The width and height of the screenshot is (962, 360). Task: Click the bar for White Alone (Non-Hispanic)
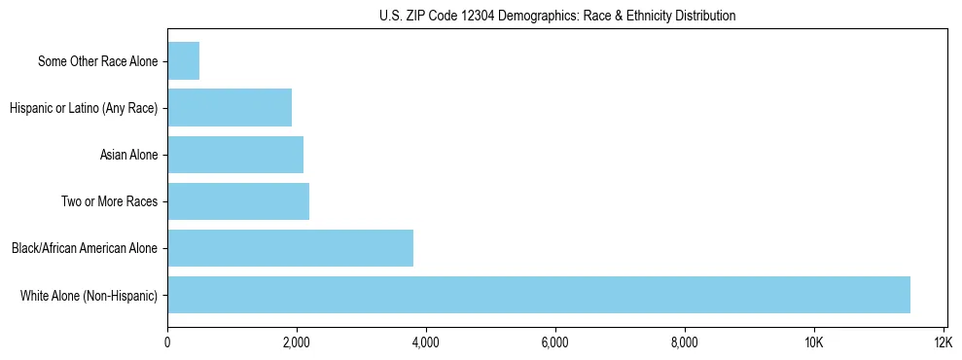[539, 295]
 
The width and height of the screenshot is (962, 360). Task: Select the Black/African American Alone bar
[290, 248]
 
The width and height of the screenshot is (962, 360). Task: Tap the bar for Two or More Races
[238, 201]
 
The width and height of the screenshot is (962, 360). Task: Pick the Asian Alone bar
[235, 155]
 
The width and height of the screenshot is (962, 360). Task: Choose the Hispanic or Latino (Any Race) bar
[230, 108]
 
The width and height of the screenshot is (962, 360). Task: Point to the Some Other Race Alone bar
[183, 61]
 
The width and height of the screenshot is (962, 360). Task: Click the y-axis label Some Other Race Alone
[97, 61]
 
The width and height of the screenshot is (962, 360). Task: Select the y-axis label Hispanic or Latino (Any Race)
[84, 108]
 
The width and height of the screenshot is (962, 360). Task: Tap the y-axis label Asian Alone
[128, 155]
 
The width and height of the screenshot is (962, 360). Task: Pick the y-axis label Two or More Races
[109, 201]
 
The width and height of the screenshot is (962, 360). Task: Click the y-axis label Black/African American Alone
[84, 248]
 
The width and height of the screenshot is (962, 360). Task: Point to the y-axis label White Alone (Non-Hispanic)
[89, 295]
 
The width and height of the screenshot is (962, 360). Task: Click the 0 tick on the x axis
[167, 342]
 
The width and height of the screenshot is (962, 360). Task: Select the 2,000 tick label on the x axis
[297, 342]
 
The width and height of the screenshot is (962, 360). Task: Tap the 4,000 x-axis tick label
[426, 342]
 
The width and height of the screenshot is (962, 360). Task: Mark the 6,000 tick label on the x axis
[555, 342]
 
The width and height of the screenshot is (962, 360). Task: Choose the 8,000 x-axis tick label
[685, 342]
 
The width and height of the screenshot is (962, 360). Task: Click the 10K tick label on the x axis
[814, 342]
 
